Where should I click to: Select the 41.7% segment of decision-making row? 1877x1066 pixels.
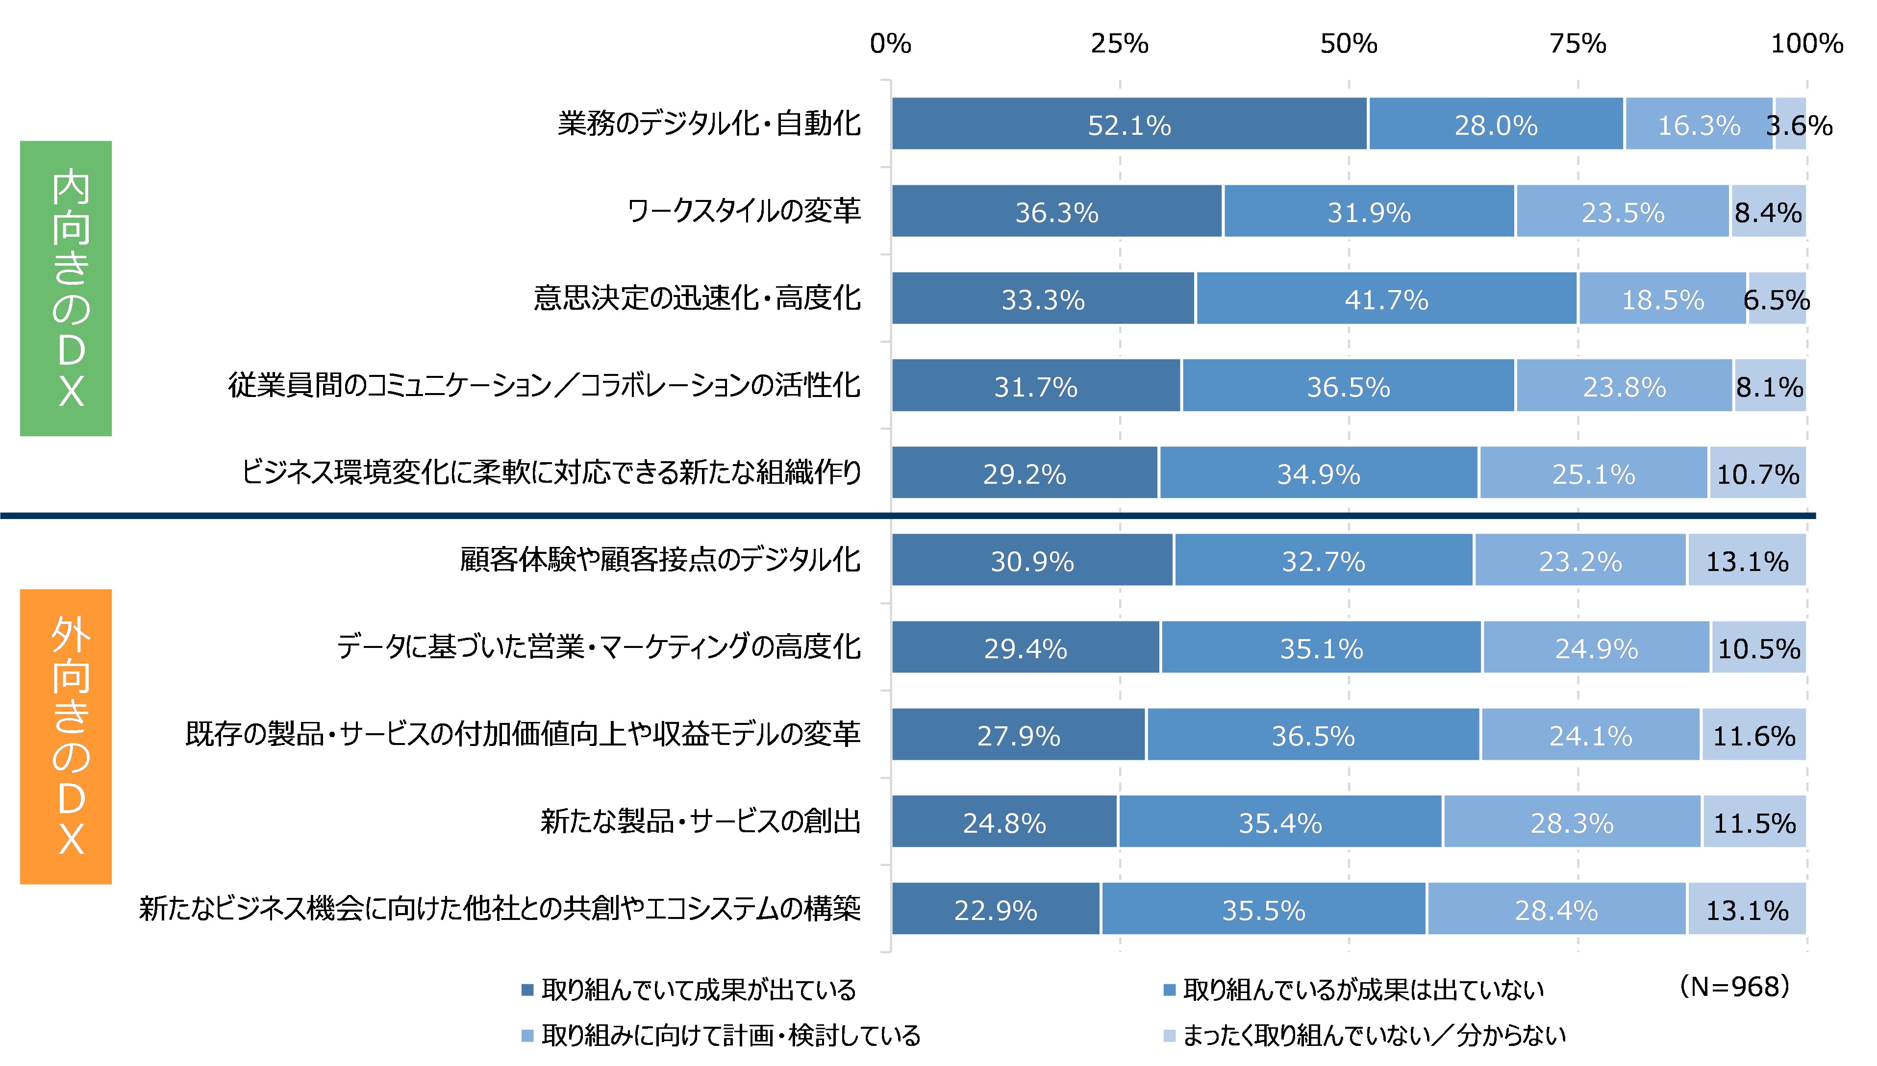pyautogui.click(x=1386, y=298)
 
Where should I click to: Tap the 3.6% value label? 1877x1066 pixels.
pyautogui.click(x=1798, y=125)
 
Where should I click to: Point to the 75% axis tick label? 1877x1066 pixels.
pyautogui.click(x=1577, y=44)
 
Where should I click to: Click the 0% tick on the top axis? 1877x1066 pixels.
pyautogui.click(x=890, y=44)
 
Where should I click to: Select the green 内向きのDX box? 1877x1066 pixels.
pyautogui.click(x=66, y=289)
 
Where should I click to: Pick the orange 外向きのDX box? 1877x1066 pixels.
pyautogui.click(x=66, y=737)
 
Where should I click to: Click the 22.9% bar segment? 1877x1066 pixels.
pyautogui.click(x=996, y=909)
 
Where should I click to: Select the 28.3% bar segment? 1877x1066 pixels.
pyautogui.click(x=1572, y=822)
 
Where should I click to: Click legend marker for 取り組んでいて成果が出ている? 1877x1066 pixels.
pyautogui.click(x=527, y=991)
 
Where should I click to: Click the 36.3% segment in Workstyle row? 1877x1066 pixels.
pyautogui.click(x=1056, y=212)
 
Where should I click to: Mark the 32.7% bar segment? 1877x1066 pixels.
pyautogui.click(x=1323, y=561)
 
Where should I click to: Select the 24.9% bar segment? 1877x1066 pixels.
pyautogui.click(x=1596, y=648)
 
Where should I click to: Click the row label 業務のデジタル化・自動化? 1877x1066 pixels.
pyautogui.click(x=709, y=124)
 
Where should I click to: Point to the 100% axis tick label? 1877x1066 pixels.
pyautogui.click(x=1806, y=44)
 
